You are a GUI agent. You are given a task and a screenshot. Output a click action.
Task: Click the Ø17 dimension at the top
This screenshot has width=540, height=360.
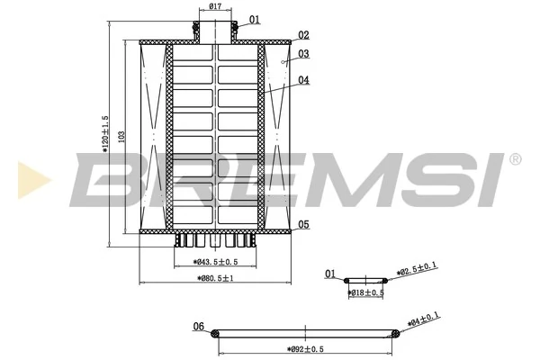click(216, 7)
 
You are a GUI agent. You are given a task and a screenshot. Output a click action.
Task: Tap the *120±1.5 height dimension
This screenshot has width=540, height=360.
click(106, 136)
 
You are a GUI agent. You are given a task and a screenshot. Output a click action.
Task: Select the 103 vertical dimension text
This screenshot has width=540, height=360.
click(121, 135)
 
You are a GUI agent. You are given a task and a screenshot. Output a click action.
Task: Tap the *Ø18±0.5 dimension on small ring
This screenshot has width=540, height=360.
click(366, 292)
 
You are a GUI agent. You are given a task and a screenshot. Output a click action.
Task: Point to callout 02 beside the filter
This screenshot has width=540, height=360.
click(303, 35)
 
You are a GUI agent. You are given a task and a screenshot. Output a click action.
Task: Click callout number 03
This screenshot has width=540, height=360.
click(303, 54)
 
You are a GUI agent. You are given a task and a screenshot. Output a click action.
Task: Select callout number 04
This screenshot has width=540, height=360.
click(303, 80)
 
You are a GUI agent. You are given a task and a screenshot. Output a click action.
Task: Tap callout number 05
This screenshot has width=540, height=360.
click(303, 224)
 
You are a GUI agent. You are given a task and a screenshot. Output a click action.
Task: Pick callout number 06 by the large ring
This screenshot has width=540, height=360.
click(199, 327)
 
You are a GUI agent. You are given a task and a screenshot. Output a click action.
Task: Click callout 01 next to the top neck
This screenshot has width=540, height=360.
click(255, 19)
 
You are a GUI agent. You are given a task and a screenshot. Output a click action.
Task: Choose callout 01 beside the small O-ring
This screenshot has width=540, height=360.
click(330, 274)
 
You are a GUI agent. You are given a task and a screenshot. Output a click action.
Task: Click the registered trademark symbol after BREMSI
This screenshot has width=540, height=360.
click(514, 159)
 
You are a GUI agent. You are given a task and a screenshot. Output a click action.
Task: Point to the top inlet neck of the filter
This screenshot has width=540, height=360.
click(216, 28)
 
